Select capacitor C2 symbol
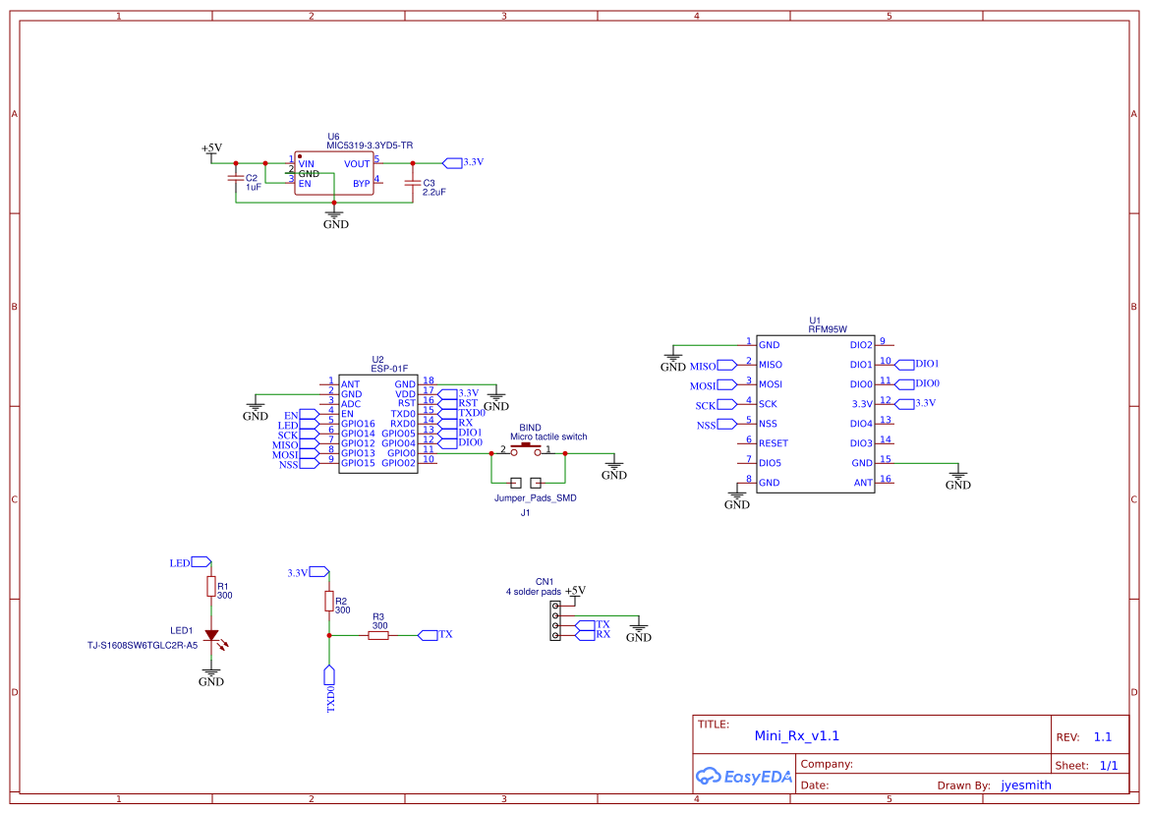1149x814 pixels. click(x=235, y=179)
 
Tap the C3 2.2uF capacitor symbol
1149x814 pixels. click(x=412, y=183)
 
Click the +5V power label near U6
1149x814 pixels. click(x=211, y=148)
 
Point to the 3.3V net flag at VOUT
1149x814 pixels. click(x=462, y=162)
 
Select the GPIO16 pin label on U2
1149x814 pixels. click(x=358, y=423)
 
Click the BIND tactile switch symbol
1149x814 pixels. click(x=525, y=450)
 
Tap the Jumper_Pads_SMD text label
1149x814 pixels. click(x=535, y=498)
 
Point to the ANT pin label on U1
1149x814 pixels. click(x=862, y=483)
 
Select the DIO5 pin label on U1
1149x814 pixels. click(x=772, y=463)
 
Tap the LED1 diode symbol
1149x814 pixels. click(x=210, y=636)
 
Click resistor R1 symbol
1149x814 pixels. click(x=210, y=587)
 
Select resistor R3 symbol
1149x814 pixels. click(x=378, y=635)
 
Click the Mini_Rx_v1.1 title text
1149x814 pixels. click(x=796, y=735)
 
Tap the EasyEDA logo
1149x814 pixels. click(x=743, y=776)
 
